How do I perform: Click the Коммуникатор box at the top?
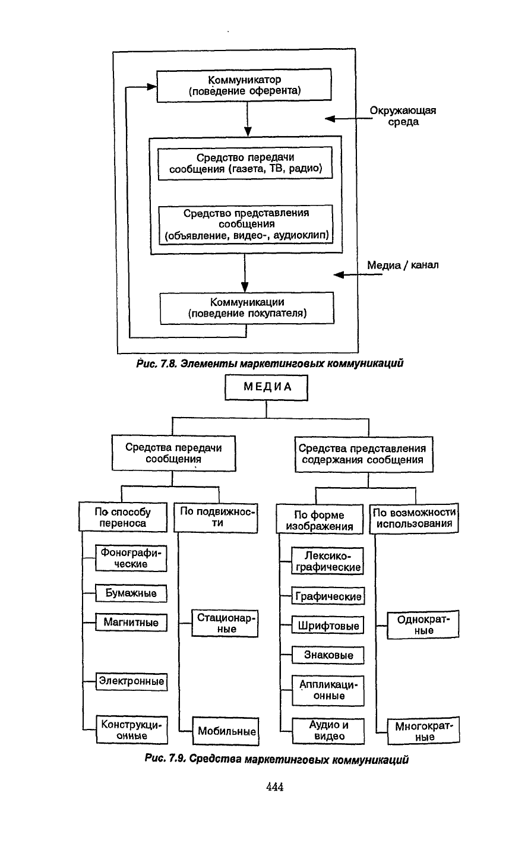[x=244, y=85]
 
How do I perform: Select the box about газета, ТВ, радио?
[x=245, y=163]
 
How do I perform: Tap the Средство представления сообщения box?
[x=245, y=225]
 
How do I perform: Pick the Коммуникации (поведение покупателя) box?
[x=247, y=308]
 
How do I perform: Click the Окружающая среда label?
[x=403, y=116]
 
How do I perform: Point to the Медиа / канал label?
[x=403, y=265]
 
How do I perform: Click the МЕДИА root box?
[x=267, y=388]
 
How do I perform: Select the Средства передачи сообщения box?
[x=173, y=453]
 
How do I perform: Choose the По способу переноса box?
[x=123, y=517]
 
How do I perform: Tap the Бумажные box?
[x=131, y=593]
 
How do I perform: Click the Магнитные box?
[x=131, y=623]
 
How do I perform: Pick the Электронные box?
[x=131, y=681]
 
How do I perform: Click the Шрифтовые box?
[x=328, y=626]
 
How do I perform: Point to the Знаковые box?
[x=328, y=655]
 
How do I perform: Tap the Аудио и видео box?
[x=328, y=731]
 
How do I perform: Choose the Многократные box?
[x=423, y=732]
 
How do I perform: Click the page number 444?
[x=275, y=787]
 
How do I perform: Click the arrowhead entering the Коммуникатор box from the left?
[x=152, y=87]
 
